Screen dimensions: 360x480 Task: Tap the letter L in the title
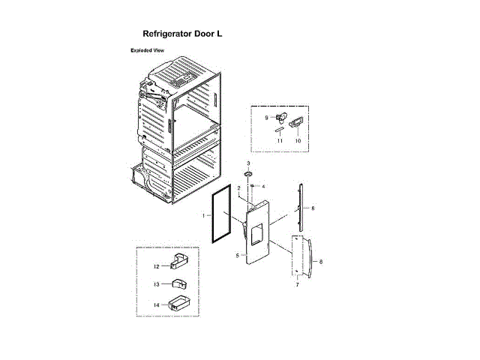(x=219, y=34)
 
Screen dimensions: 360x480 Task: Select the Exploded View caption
(x=148, y=50)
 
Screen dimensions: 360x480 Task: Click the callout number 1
(x=203, y=216)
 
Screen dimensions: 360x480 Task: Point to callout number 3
(x=249, y=163)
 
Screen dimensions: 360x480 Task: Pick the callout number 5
(x=237, y=256)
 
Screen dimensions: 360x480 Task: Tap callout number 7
(x=297, y=285)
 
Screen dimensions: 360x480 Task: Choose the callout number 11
(x=278, y=140)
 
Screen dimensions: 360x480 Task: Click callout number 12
(x=157, y=265)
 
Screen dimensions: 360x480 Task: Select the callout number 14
(x=157, y=305)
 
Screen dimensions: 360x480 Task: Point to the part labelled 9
(x=281, y=118)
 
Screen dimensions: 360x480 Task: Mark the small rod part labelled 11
(x=278, y=130)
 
